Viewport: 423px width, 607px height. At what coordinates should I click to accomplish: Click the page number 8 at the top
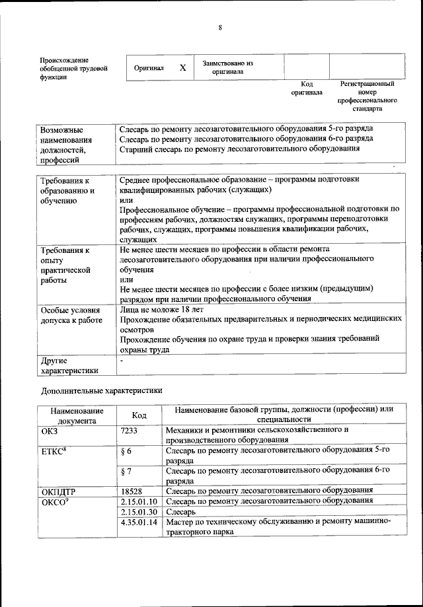(220, 27)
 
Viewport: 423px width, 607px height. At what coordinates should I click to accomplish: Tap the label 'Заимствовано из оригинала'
(228, 67)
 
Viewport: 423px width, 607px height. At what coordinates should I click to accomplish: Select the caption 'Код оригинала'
(307, 89)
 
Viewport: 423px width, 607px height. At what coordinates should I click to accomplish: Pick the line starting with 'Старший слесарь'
(240, 149)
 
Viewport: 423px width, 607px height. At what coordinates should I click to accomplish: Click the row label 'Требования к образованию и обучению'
(68, 191)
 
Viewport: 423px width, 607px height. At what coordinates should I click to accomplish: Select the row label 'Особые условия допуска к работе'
(71, 315)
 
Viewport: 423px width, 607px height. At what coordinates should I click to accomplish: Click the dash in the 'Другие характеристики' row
(122, 362)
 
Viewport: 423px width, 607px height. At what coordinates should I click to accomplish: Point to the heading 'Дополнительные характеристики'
(101, 390)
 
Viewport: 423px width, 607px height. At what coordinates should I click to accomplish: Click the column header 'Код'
(139, 415)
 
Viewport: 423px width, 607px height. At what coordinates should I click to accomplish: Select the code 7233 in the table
(132, 430)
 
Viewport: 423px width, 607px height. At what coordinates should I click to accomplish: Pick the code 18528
(133, 491)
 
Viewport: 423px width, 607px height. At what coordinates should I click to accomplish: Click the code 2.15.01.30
(139, 511)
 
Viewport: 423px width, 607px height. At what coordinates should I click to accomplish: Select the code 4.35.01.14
(139, 522)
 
